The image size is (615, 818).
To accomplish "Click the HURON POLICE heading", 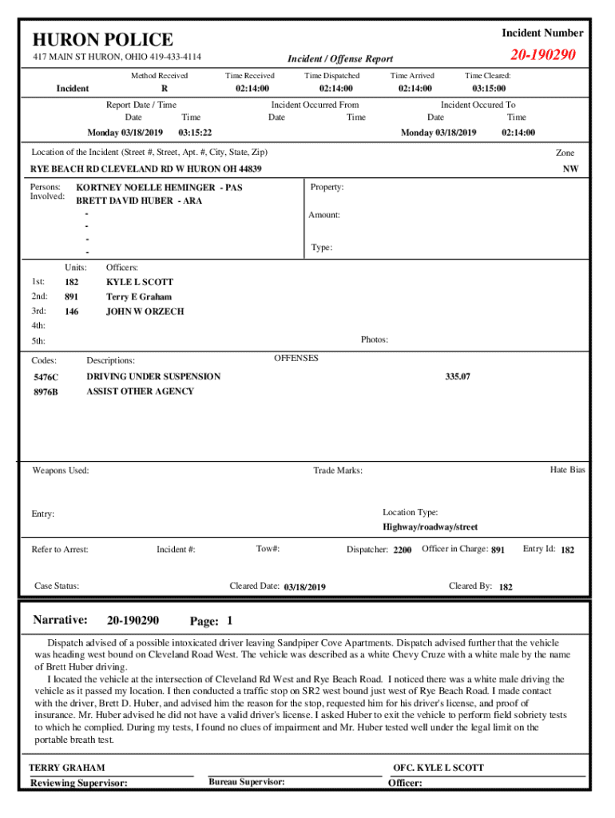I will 102,39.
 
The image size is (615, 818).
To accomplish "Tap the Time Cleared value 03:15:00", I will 488,88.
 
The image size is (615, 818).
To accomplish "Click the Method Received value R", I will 164,88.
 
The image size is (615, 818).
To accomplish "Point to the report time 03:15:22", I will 195,133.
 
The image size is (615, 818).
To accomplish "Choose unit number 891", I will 72,297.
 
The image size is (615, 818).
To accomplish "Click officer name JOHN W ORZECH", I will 145,312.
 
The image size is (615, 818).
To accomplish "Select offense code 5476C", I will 46,376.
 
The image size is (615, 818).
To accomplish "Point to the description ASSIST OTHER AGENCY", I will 140,391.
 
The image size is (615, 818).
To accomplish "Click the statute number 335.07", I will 457,376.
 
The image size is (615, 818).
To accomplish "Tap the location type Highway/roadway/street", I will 430,527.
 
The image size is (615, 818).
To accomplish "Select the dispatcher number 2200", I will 403,550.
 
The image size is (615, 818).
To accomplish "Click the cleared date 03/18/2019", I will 304,587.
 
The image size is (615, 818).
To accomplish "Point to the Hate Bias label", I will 567,470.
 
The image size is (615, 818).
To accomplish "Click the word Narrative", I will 60,620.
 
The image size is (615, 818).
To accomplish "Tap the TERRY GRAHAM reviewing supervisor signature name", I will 66,768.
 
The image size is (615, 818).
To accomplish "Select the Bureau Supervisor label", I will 247,781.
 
